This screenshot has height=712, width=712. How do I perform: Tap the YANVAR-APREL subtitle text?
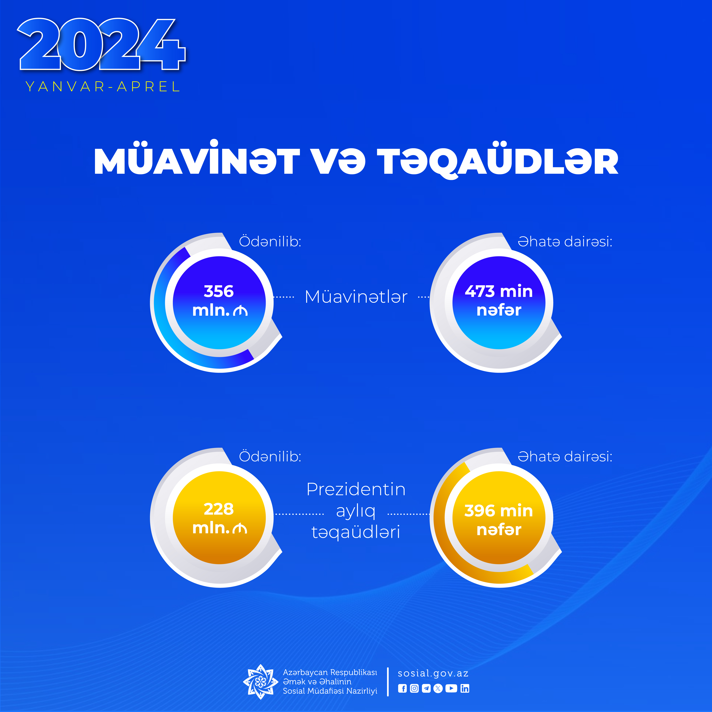[102, 87]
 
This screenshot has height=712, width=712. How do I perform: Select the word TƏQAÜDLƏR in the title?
[498, 160]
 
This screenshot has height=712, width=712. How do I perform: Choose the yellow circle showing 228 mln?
[219, 518]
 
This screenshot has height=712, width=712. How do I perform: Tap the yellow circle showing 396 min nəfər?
[499, 518]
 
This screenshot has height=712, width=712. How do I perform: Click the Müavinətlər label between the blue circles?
[356, 297]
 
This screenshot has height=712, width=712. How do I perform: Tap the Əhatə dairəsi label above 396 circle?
[565, 457]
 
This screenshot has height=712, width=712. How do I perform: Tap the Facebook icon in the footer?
[402, 688]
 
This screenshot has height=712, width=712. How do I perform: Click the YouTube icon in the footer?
[451, 688]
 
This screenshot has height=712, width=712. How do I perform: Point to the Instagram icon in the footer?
[414, 688]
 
